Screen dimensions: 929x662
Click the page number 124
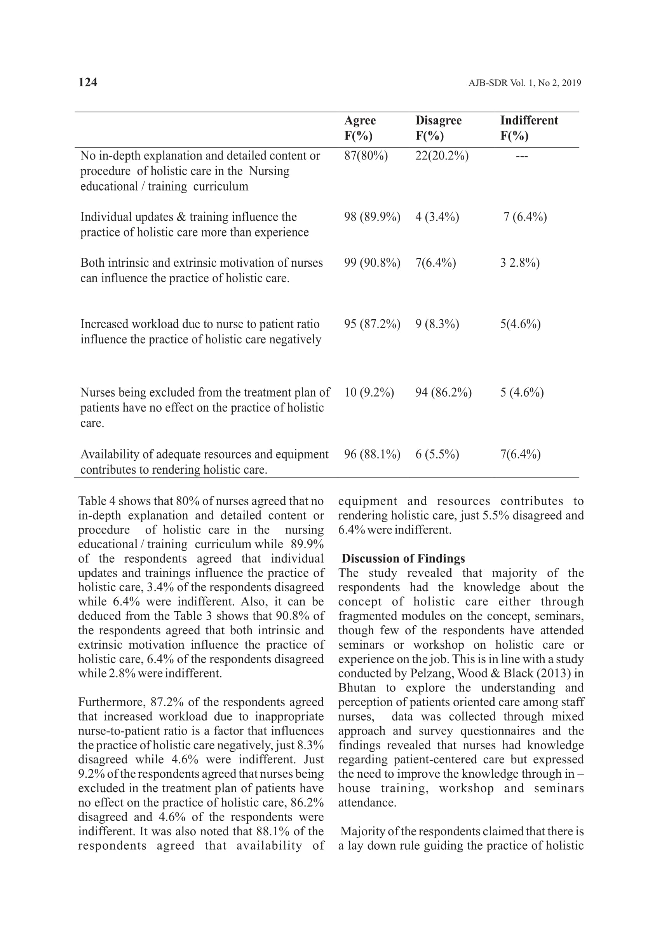coord(88,82)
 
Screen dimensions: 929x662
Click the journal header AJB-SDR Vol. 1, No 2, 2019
coord(524,83)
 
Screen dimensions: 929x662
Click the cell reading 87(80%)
coord(366,156)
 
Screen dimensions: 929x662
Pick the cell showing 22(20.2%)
coord(442,156)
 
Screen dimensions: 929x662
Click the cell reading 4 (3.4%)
coord(437,217)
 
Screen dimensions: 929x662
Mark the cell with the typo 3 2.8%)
coord(520,263)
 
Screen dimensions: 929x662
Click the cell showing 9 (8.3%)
coord(437,324)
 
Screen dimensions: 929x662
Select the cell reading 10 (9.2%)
coord(369,392)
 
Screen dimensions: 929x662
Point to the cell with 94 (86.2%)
coord(444,392)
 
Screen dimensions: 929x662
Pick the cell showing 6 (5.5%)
coord(437,455)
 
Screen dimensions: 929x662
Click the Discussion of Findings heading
coord(403,558)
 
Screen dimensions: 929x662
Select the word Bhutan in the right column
coord(357,688)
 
